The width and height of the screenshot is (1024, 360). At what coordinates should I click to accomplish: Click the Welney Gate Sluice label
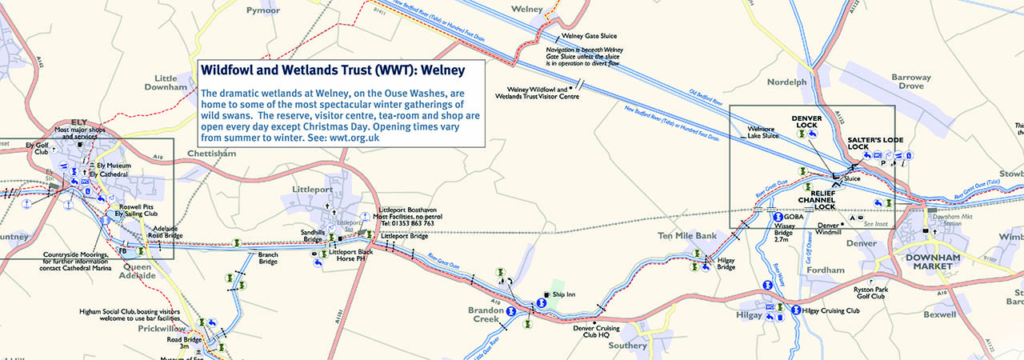[x=593, y=35]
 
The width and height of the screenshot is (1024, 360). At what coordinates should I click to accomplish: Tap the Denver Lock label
[x=806, y=122]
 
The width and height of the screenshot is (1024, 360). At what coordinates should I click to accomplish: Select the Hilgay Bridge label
[x=726, y=263]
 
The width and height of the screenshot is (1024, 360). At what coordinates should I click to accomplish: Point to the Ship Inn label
[x=564, y=294]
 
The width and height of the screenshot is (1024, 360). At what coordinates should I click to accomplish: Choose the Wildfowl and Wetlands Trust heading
[x=333, y=70]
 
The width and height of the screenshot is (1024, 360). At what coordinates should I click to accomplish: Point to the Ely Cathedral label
[x=109, y=174]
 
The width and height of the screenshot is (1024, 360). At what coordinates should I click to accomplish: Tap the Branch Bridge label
[x=267, y=258]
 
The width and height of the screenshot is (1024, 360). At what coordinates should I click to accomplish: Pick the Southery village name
[x=627, y=346]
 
